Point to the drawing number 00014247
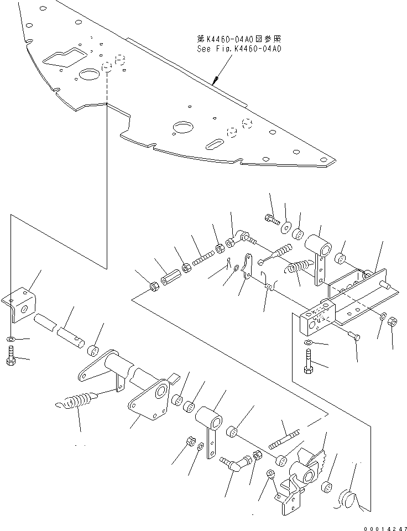(383, 526)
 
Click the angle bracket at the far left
(20, 303)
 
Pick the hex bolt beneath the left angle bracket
(11, 356)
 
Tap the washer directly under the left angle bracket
(12, 339)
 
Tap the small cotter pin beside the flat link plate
(228, 263)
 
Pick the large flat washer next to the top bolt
(285, 226)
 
